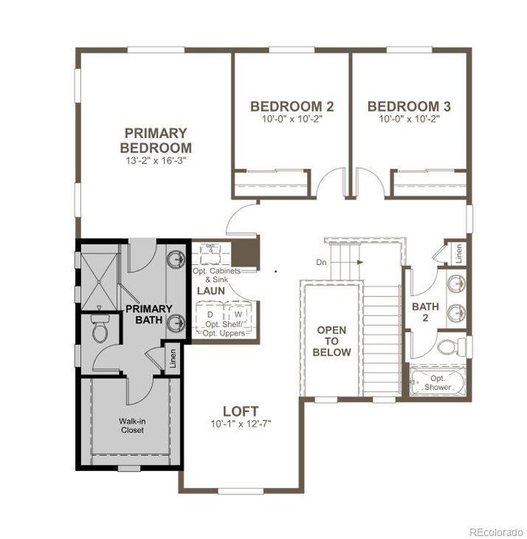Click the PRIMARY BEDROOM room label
[x=156, y=140]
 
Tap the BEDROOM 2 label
[x=292, y=106]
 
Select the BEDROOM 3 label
[x=409, y=106]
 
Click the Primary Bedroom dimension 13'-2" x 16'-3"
[x=156, y=161]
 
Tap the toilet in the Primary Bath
[x=101, y=330]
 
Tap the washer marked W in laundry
[x=238, y=314]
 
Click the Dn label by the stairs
[x=321, y=262]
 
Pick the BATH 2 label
[x=425, y=312]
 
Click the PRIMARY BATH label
[x=148, y=314]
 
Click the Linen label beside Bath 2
[x=459, y=254]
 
